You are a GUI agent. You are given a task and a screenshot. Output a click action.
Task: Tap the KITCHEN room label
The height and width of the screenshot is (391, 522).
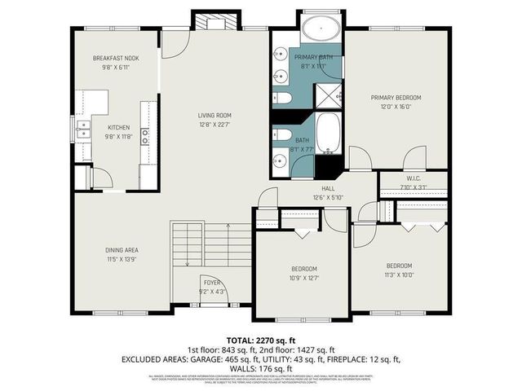coord(119,127)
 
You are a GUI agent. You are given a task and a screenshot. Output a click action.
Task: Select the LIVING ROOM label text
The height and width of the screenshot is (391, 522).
coord(215,115)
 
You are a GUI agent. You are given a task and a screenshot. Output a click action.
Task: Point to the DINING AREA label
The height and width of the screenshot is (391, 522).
coord(121,249)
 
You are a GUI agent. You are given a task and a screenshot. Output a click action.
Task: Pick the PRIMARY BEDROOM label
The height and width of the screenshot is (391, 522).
coord(396,97)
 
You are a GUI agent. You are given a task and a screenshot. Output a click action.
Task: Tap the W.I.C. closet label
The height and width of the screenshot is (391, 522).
coord(414,178)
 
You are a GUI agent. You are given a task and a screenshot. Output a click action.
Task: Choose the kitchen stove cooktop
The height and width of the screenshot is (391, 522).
coord(145,136)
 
